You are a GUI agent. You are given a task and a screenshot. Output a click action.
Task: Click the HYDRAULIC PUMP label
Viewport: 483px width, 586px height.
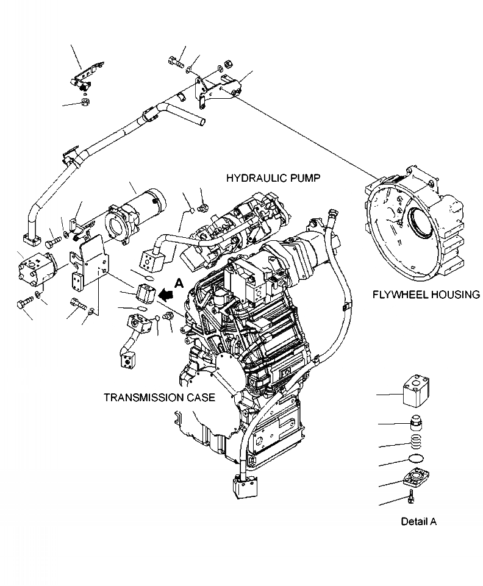click(273, 178)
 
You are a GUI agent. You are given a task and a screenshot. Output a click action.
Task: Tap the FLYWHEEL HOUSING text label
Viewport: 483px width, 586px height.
click(426, 295)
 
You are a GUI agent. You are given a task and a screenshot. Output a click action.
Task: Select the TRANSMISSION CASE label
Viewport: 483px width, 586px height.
click(159, 398)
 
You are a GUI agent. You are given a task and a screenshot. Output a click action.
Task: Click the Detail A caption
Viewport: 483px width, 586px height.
click(418, 521)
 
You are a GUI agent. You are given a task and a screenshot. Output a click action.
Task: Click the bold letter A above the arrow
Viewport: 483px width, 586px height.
click(178, 282)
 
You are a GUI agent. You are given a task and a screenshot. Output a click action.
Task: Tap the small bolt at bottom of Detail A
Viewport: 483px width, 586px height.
click(412, 498)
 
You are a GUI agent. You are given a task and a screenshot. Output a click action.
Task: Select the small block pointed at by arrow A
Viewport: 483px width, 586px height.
click(145, 293)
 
